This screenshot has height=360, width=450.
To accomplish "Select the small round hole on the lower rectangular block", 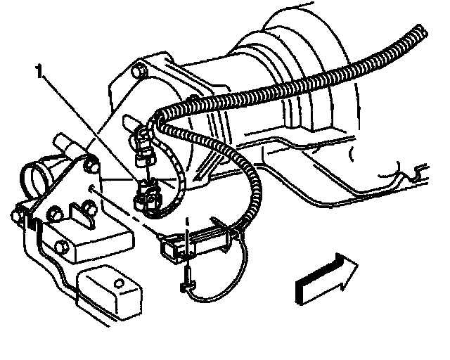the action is tap(120, 283).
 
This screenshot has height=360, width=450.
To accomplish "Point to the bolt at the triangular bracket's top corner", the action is tap(91, 166).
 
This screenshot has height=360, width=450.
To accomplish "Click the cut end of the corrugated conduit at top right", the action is tap(422, 32).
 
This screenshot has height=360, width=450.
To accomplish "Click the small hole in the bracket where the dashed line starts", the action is tap(91, 189).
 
